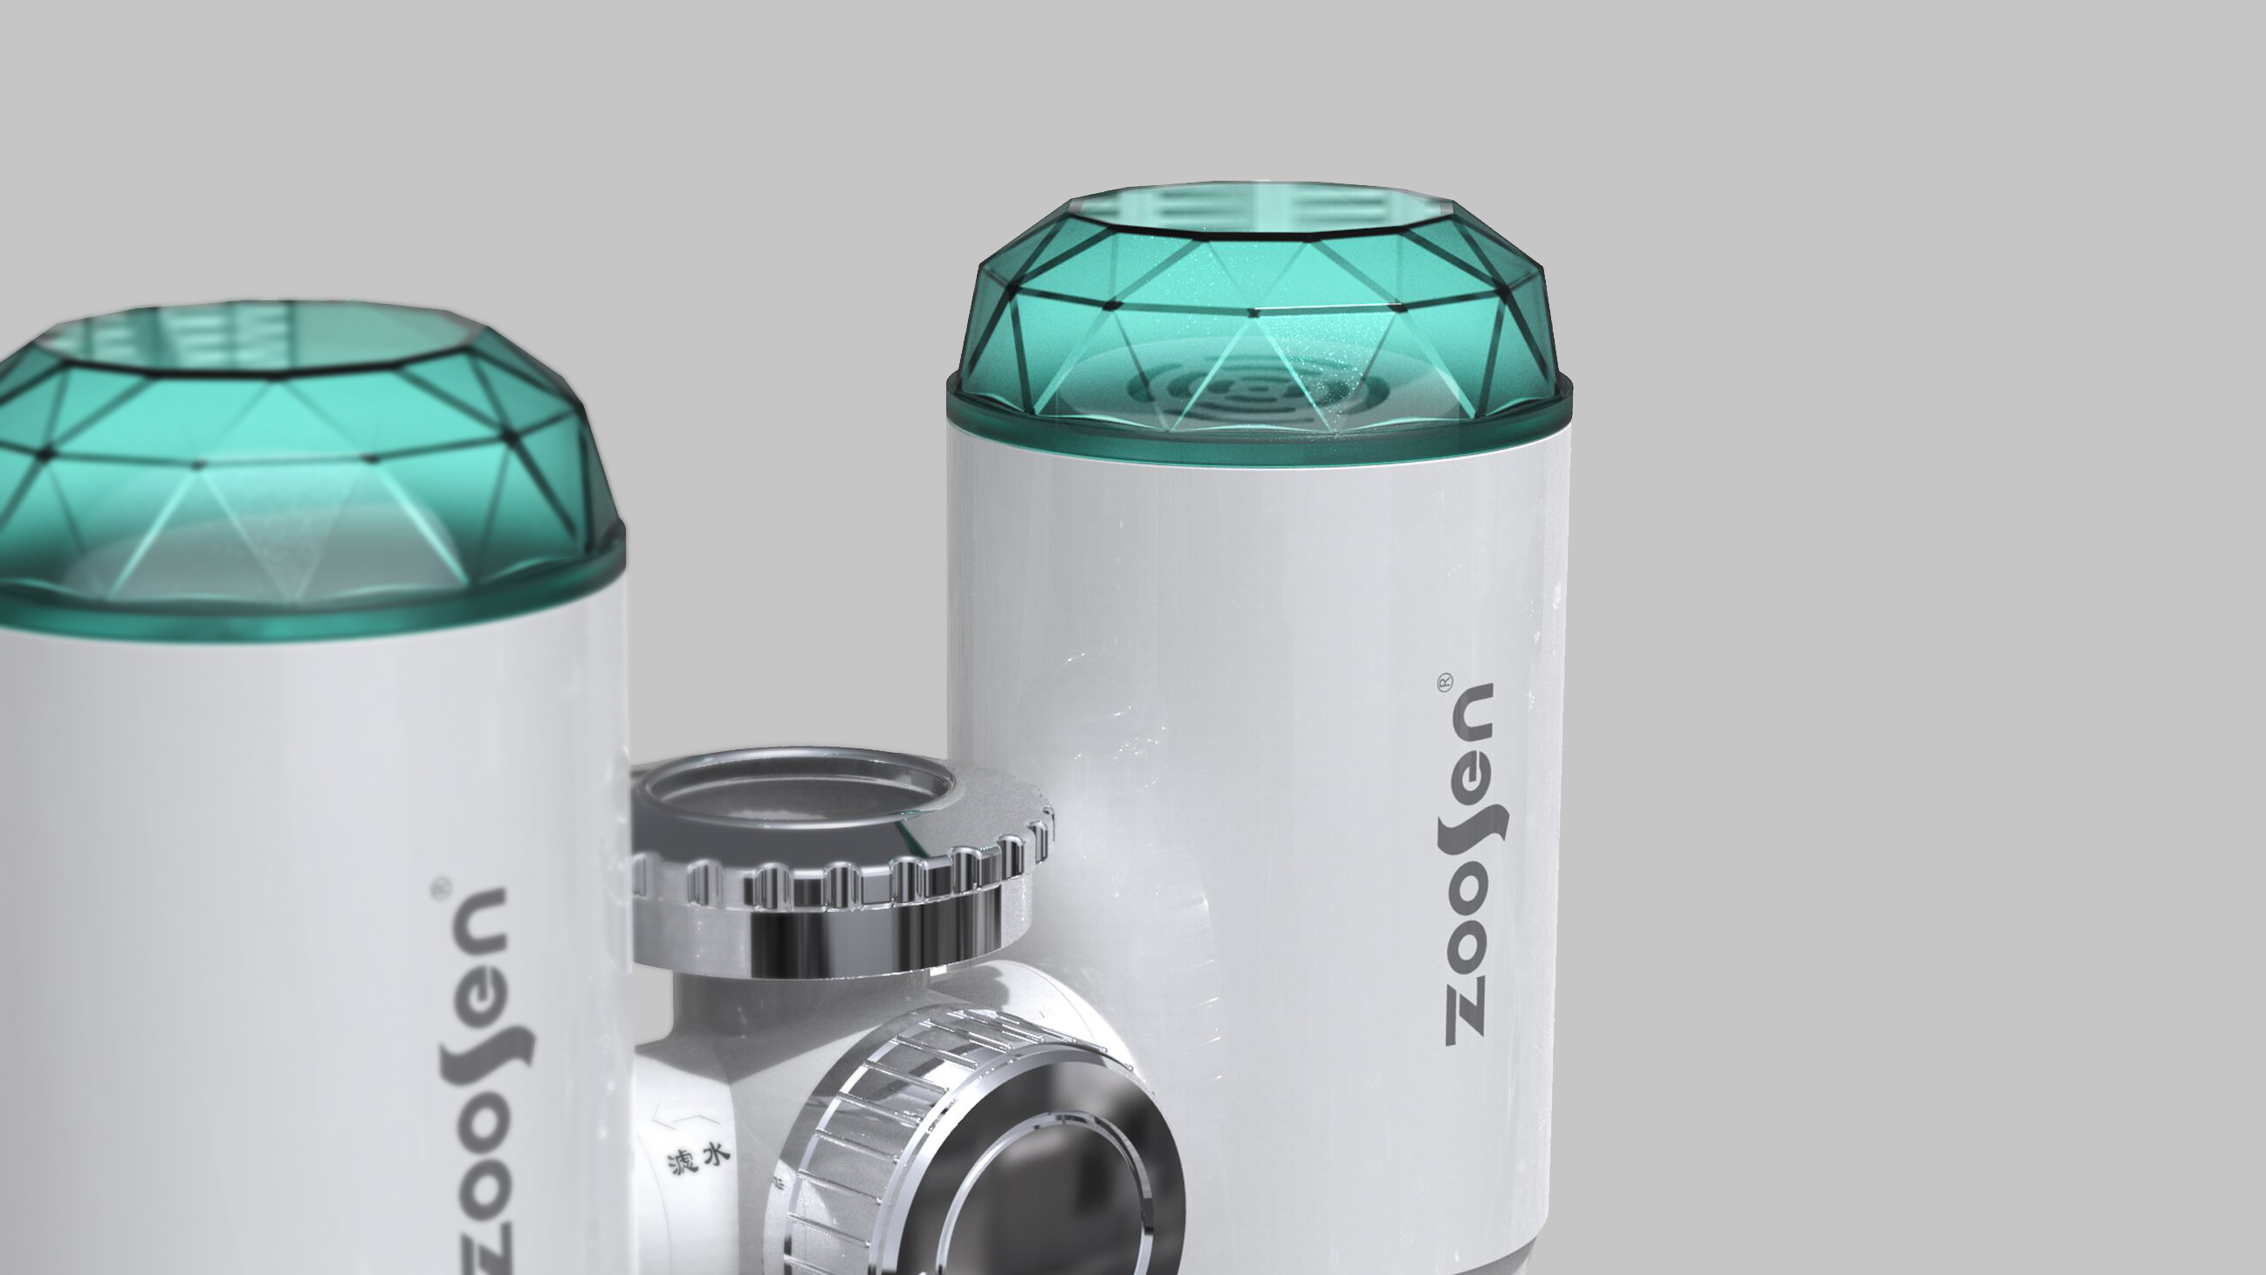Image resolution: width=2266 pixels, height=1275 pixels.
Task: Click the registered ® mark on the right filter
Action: pos(1445,682)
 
